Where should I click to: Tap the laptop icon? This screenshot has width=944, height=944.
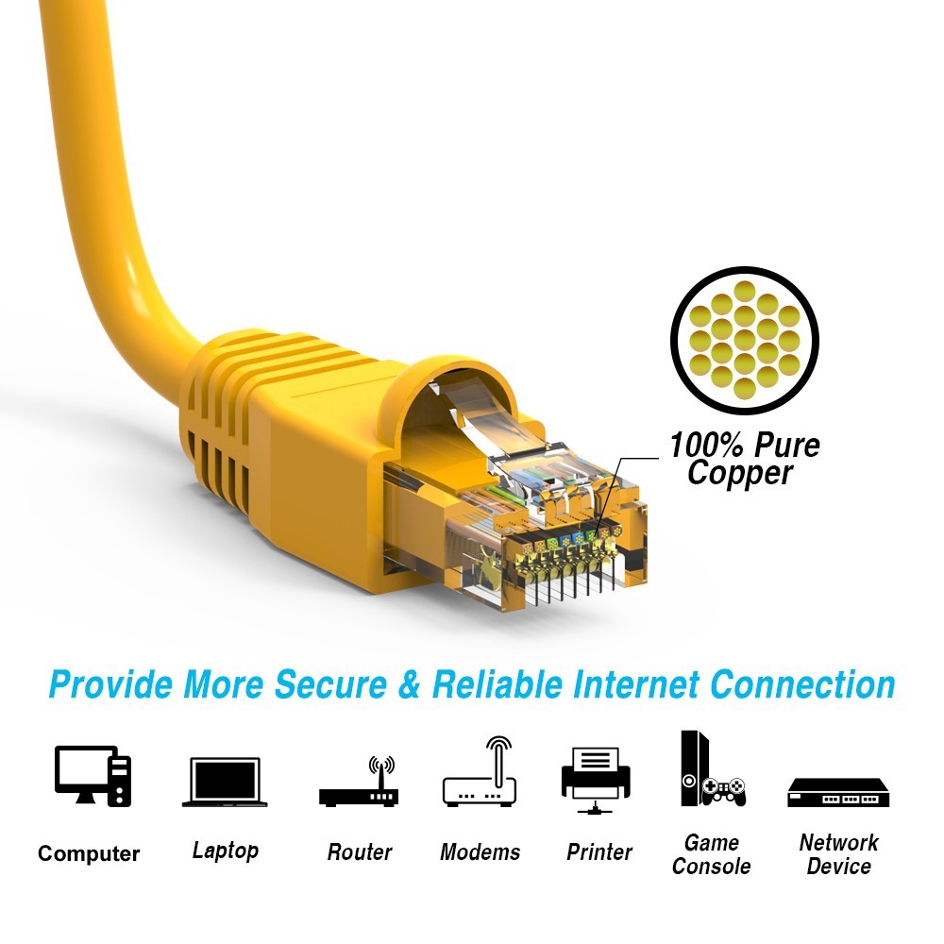point(225,782)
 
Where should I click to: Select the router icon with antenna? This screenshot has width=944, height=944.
point(359,784)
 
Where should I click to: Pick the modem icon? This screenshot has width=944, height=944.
point(480,776)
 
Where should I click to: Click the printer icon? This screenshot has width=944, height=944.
point(596,778)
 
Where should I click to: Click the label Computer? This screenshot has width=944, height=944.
point(89,854)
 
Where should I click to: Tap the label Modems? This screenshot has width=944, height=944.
point(480,852)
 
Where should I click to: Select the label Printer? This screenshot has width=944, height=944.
point(599,852)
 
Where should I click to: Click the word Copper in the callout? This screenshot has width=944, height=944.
point(740,473)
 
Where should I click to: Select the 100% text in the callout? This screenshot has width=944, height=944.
point(706,445)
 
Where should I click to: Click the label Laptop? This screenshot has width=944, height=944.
point(225,851)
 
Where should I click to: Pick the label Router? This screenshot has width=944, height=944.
point(359,852)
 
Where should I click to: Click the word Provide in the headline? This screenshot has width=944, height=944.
point(110,684)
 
